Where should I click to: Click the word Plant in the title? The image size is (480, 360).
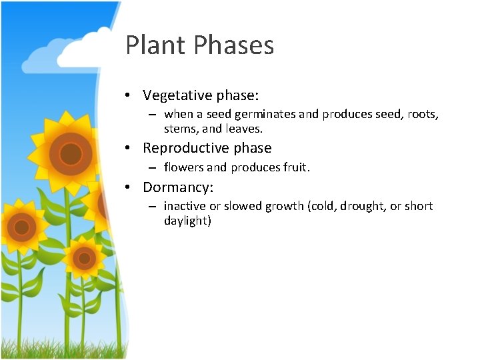tap(157, 46)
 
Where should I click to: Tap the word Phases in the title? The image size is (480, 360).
tap(234, 46)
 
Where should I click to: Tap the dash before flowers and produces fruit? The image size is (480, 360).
tap(153, 167)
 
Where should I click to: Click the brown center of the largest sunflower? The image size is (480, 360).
tap(70, 153)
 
